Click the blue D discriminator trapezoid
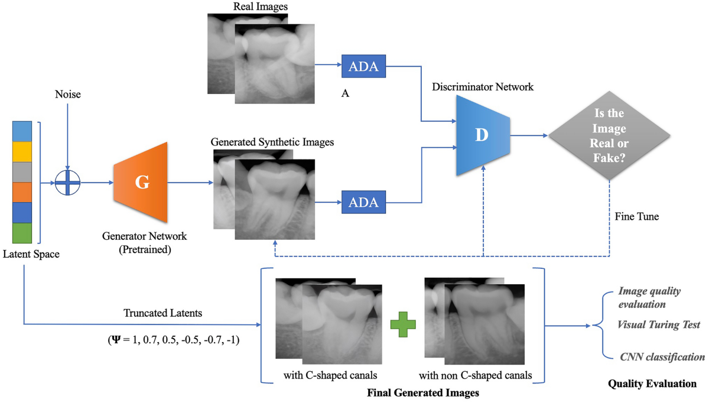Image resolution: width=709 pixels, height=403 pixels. coord(482,135)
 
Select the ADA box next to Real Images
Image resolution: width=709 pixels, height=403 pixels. coord(363,67)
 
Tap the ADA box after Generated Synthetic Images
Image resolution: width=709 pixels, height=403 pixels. coord(363,203)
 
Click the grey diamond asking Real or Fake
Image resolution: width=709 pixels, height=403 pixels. coord(609,135)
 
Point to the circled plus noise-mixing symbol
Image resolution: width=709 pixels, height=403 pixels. coord(68,183)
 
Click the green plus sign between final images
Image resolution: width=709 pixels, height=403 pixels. coord(403,326)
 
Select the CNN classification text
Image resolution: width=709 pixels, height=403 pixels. coord(662,357)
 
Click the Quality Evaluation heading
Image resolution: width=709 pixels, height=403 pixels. coord(652,383)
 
